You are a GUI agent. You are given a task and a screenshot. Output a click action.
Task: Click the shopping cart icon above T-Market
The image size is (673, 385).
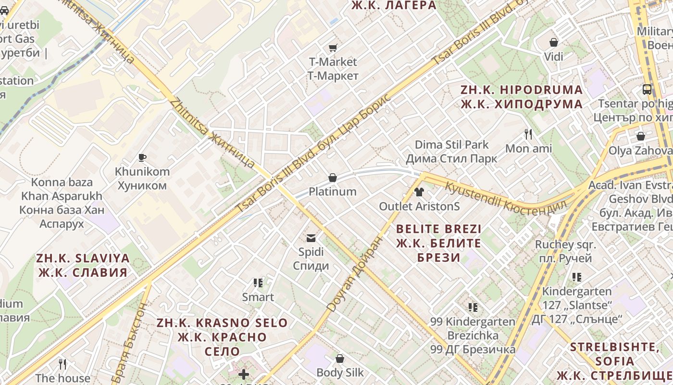pyautogui.click(x=333, y=48)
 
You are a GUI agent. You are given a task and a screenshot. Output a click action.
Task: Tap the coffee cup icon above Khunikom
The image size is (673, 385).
pyautogui.click(x=142, y=157)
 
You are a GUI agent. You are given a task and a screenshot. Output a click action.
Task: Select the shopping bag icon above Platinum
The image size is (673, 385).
pyautogui.click(x=332, y=178)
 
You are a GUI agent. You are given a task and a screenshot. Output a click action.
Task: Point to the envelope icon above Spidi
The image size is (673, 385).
pyautogui.click(x=311, y=238)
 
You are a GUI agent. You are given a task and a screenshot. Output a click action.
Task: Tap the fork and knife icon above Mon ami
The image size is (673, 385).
pyautogui.click(x=528, y=134)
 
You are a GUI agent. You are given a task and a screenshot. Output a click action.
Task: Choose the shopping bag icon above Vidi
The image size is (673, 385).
pyautogui.click(x=554, y=43)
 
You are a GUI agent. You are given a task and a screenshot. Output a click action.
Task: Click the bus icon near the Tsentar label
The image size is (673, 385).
pyautogui.click(x=647, y=90)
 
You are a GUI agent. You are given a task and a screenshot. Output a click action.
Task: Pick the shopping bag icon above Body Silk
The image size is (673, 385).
pyautogui.click(x=340, y=359)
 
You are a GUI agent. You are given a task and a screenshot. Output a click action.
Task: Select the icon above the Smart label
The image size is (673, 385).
pyautogui.click(x=258, y=283)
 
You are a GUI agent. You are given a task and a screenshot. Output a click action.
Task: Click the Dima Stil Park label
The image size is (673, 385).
pyautogui.click(x=451, y=152)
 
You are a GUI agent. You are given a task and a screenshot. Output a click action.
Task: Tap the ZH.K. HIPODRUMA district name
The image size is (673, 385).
pyautogui.click(x=522, y=97)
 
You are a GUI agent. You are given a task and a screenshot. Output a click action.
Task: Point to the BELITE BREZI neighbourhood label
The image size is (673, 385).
pyautogui.click(x=438, y=243)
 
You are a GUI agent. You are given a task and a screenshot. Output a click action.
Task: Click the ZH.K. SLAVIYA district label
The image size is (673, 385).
pyautogui.click(x=83, y=265)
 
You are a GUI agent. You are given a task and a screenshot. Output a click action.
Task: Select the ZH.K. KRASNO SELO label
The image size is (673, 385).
pyautogui.click(x=222, y=336)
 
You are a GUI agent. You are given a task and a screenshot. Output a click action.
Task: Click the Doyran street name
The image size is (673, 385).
pyautogui.click(x=356, y=273)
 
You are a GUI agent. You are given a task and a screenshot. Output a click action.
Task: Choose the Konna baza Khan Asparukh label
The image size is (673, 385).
pyautogui.click(x=62, y=203)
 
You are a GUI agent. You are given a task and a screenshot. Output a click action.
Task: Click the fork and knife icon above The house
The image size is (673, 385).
pyautogui.click(x=62, y=364)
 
